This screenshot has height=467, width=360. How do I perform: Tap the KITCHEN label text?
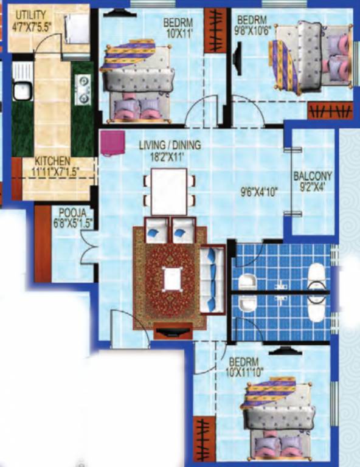pyautogui.click(x=52, y=161)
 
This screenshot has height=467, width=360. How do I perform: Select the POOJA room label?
pyautogui.click(x=72, y=213)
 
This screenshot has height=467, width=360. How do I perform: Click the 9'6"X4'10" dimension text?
pyautogui.click(x=260, y=192)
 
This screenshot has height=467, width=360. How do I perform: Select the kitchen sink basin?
pyautogui.click(x=22, y=91)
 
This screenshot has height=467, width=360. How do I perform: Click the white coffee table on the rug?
pyautogui.click(x=173, y=279)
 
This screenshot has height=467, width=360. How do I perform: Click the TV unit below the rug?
pyautogui.click(x=173, y=333)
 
